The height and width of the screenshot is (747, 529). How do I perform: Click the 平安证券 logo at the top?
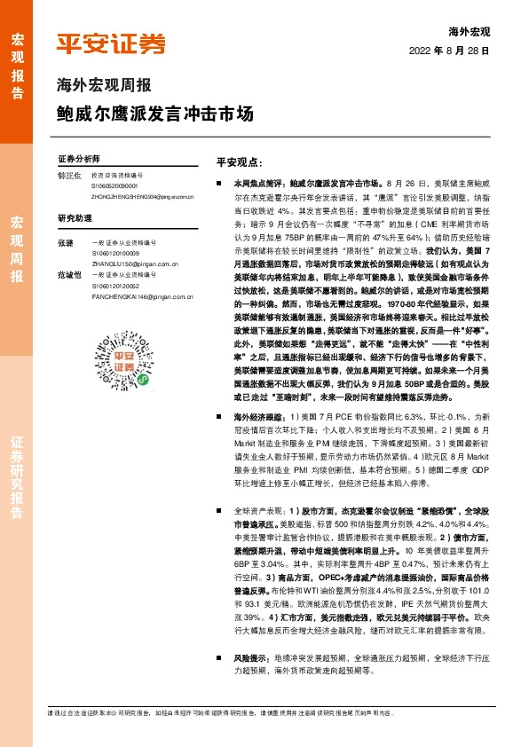[110, 44]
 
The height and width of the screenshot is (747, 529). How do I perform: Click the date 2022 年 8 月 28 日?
[450, 51]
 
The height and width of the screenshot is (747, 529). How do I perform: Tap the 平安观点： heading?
[239, 162]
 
